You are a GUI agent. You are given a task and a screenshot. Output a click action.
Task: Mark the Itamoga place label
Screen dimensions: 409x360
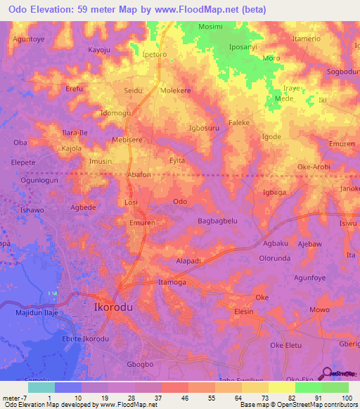click(174, 282)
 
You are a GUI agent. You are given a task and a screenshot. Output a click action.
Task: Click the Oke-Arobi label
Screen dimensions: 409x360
click(314, 167)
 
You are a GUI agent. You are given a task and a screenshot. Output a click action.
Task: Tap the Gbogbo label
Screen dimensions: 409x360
click(140, 364)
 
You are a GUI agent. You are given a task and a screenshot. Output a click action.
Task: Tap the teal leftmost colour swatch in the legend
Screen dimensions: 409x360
click(41, 387)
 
